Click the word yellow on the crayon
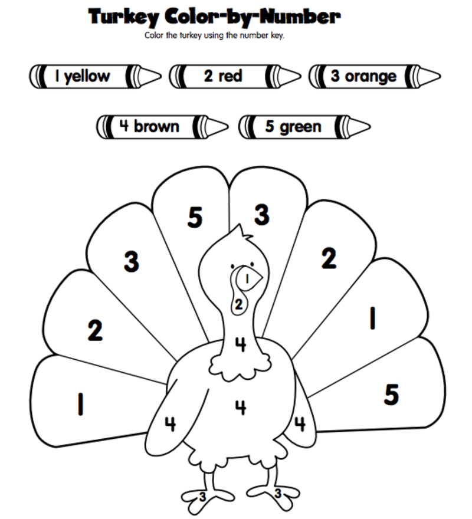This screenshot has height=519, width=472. click(87, 76)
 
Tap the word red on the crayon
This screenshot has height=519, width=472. click(230, 76)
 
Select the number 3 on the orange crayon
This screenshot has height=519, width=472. click(335, 76)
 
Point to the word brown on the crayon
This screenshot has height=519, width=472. click(156, 126)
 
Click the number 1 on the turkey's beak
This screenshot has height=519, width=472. click(248, 277)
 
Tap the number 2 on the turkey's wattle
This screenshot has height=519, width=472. click(238, 304)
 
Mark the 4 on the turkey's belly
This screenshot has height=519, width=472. click(240, 406)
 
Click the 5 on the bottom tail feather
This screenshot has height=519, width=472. click(391, 395)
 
